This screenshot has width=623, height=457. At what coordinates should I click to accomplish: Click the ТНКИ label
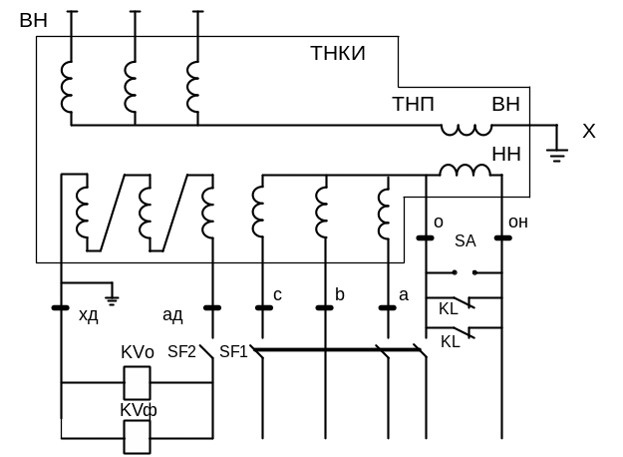[x=338, y=53]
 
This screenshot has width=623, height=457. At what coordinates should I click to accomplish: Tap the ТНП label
[x=414, y=104]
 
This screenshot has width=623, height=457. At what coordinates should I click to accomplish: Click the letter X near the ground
[x=589, y=131]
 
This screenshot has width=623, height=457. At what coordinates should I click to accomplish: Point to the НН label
[x=506, y=154]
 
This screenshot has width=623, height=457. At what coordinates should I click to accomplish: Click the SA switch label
[x=466, y=240]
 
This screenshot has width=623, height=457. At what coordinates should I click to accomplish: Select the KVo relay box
[x=138, y=383]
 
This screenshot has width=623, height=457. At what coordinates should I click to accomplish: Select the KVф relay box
[x=138, y=437]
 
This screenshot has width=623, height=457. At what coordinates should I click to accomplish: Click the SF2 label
[x=181, y=351]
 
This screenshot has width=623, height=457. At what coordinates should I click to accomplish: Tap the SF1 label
[x=233, y=351]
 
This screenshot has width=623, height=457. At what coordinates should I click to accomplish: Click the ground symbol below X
[x=556, y=155]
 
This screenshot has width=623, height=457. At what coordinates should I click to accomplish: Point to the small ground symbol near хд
[x=112, y=300]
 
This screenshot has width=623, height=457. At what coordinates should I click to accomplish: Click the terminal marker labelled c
[x=264, y=308]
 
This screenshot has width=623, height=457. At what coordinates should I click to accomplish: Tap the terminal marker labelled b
[x=324, y=308]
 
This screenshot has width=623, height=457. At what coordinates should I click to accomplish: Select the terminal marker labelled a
[x=388, y=308]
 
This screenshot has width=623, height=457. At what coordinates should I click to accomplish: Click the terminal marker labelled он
[x=503, y=238]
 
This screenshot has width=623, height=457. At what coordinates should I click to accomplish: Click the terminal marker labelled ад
[x=212, y=308]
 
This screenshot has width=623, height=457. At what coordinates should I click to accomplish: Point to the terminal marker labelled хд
[x=61, y=308]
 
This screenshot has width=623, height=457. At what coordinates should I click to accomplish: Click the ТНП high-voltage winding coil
[x=467, y=130]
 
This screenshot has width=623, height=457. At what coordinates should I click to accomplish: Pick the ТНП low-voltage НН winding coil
[x=465, y=170]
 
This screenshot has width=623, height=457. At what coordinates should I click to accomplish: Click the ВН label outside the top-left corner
[x=33, y=20]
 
